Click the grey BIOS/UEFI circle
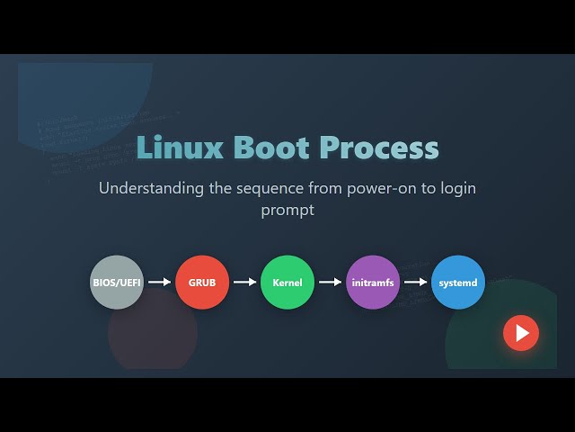[x=117, y=283]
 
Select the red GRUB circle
[x=202, y=283]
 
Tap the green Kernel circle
[x=287, y=283]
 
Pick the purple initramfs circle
[x=373, y=283]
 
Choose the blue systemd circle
[x=458, y=283]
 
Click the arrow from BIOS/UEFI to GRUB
[x=159, y=283]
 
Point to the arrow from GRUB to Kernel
[x=244, y=283]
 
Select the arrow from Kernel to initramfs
[x=330, y=283]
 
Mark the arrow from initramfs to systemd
[x=415, y=283]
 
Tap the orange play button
[x=521, y=333]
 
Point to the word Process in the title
[x=381, y=148]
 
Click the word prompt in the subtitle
[x=287, y=211]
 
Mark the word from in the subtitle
[x=322, y=189]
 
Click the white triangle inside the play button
[x=522, y=333]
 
